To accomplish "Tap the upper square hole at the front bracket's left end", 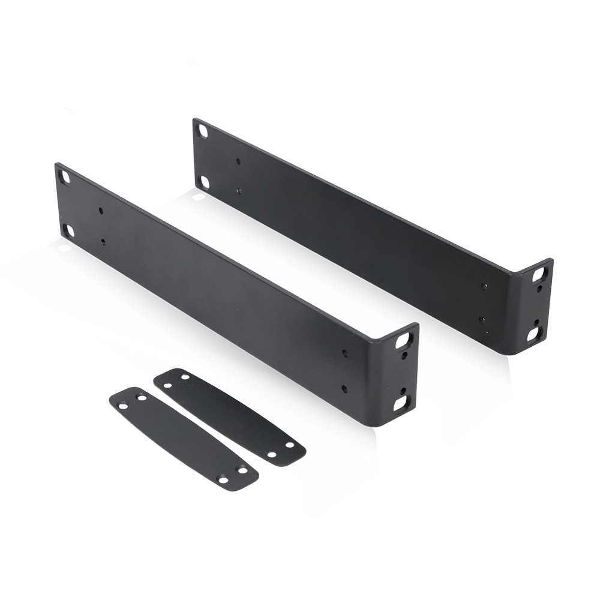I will click(x=62, y=174).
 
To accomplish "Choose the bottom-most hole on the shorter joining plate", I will click(x=223, y=481).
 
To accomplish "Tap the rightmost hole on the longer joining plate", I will click(x=290, y=446).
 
